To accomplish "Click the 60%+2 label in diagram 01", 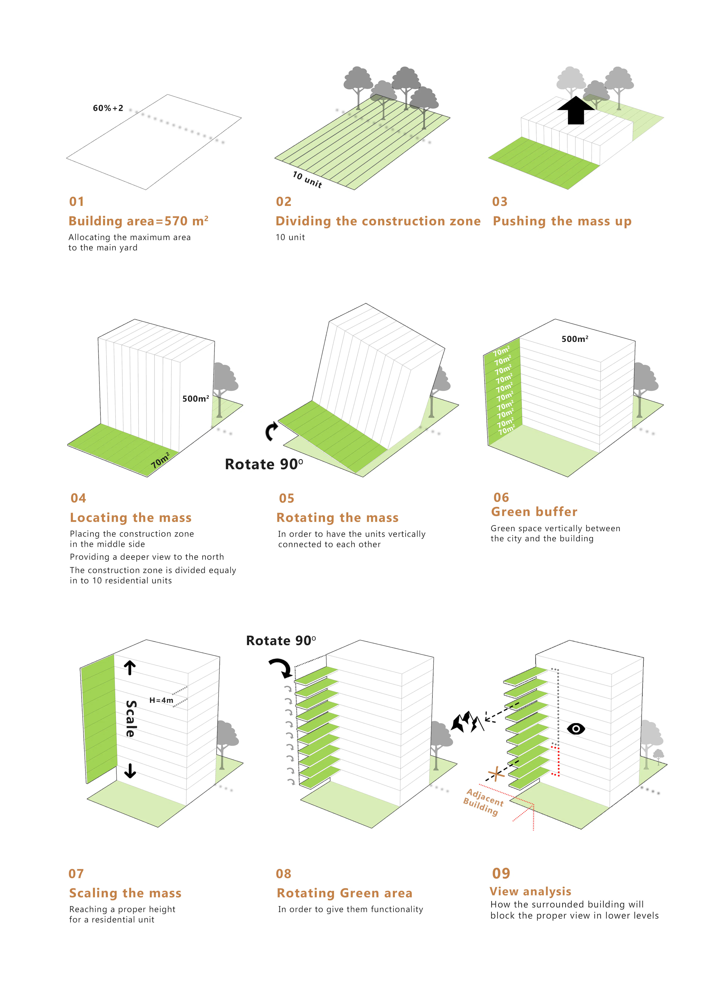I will pyautogui.click(x=108, y=108).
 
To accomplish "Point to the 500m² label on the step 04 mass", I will pyautogui.click(x=195, y=399).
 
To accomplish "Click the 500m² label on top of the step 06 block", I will pyautogui.click(x=574, y=339).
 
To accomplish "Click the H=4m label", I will pyautogui.click(x=161, y=700).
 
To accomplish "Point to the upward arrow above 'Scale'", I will pyautogui.click(x=129, y=668).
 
